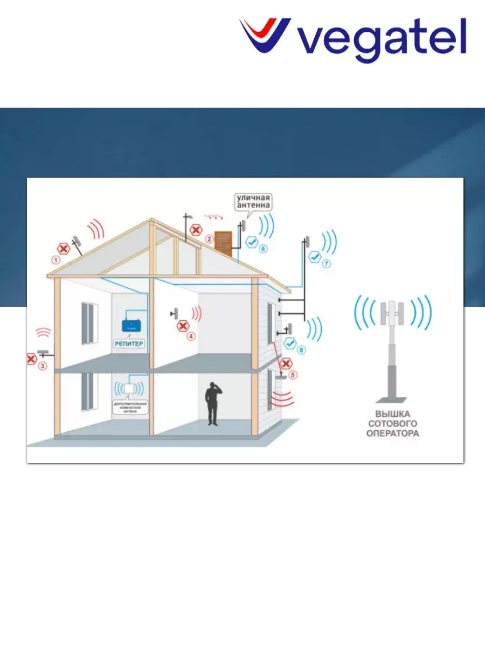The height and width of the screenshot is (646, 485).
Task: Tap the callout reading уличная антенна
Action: (253, 202)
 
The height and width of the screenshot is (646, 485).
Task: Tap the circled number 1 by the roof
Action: (55, 259)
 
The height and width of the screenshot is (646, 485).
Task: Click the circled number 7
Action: (326, 264)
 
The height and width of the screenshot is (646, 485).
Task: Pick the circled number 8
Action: (301, 350)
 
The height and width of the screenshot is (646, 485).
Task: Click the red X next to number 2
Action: (196, 230)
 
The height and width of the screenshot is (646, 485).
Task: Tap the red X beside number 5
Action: (287, 364)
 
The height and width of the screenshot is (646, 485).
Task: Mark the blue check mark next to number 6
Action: (251, 242)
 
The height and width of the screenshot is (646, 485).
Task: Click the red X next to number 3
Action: (31, 359)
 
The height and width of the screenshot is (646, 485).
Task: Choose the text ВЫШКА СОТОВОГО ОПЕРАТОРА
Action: (393, 423)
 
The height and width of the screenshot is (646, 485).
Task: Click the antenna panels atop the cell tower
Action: (393, 313)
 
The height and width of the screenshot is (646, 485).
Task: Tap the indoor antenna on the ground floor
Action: (128, 388)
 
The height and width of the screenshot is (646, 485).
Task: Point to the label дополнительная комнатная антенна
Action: (129, 407)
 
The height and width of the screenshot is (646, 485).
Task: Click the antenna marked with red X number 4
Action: (175, 313)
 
